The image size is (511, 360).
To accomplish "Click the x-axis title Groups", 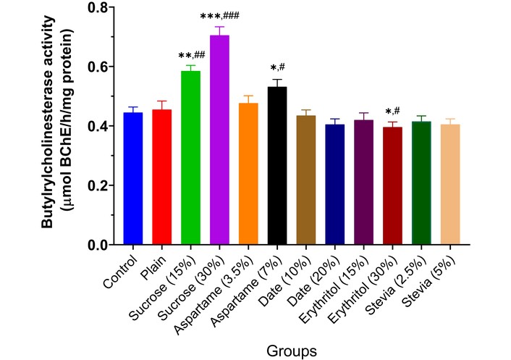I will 291,351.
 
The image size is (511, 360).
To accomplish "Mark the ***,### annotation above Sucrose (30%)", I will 219,16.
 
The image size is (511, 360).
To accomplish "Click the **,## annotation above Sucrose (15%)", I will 190,55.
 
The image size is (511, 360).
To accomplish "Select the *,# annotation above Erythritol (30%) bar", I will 393,111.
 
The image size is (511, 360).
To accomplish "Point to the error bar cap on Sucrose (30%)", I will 219,27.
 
